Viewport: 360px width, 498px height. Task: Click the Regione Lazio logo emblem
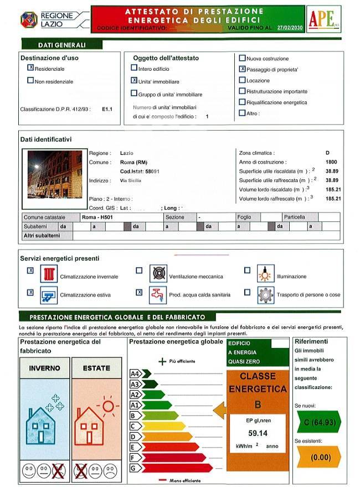coord(29,19)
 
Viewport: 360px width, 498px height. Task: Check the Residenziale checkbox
coord(30,68)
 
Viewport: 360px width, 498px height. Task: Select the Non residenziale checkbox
coord(30,81)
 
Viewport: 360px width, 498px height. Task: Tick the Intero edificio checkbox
coord(134,68)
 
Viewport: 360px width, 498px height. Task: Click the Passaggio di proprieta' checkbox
coord(242,69)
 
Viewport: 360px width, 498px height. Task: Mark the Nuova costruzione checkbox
coord(242,58)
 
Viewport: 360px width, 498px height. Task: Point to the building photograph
coord(55,174)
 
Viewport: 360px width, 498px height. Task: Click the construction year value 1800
coord(332,162)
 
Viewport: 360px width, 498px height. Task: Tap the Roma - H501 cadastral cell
coord(97,217)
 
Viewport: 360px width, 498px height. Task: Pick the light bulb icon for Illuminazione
coord(265,274)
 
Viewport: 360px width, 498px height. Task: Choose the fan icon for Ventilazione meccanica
coord(158,274)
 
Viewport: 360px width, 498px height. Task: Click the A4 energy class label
coord(134,373)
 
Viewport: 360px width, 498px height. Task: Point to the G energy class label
coord(133,468)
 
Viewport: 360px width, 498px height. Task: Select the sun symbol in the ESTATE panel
coord(107,407)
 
